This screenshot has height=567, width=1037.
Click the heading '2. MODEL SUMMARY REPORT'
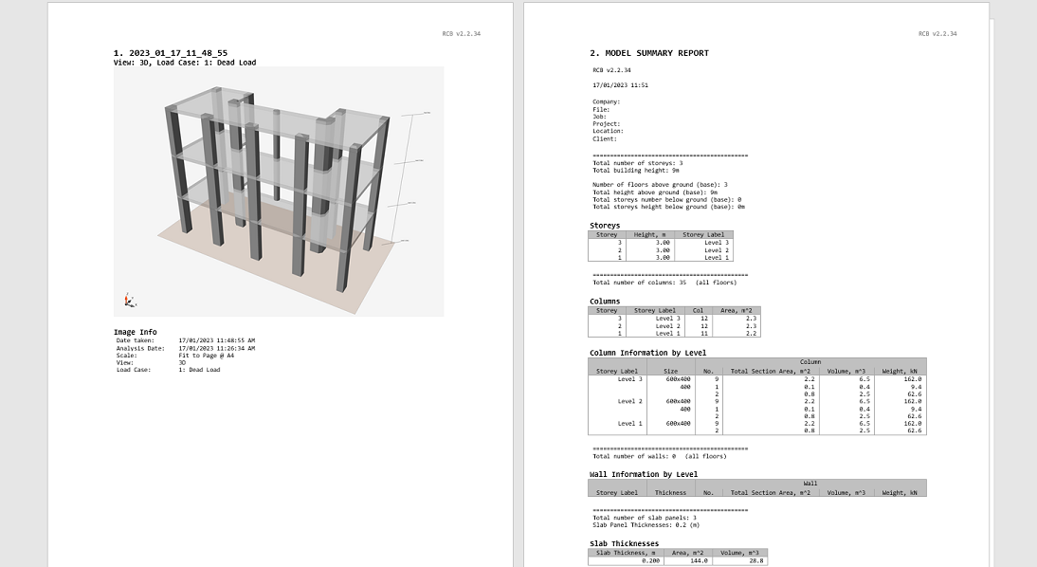[649, 53]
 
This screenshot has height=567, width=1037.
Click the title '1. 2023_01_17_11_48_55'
[171, 53]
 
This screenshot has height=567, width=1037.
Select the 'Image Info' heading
[136, 332]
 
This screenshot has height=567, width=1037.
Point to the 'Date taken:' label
[136, 339]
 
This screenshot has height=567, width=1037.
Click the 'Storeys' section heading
[605, 226]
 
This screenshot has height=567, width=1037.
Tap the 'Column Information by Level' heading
[647, 353]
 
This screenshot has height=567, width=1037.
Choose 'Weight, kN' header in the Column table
[900, 371]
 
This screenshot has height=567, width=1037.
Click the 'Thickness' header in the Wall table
[670, 492]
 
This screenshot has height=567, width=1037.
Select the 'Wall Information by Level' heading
[644, 474]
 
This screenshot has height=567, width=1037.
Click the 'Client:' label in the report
[605, 138]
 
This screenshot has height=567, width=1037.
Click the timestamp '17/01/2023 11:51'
[620, 84]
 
